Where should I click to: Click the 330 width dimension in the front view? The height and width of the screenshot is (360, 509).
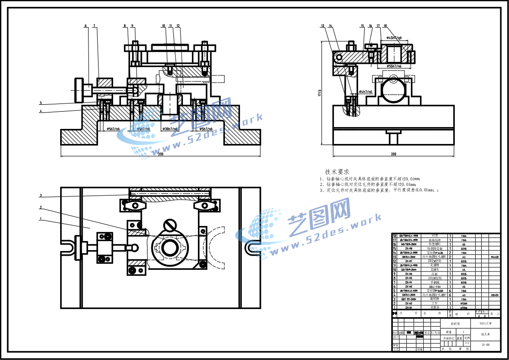coord(161,154)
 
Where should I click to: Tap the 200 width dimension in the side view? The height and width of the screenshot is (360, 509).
coord(393,154)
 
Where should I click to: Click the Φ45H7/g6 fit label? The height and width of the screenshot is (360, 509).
coord(394,38)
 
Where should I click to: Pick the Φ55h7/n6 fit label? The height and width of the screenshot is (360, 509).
coord(394,67)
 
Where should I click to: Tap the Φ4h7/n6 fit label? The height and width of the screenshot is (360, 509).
coord(365,92)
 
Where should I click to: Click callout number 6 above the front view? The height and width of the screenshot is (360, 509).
coord(85,26)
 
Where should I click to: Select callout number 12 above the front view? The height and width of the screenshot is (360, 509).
coord(178,26)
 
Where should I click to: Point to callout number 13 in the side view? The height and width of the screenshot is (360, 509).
coord(322,26)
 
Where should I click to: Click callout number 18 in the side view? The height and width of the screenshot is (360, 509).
coord(385,26)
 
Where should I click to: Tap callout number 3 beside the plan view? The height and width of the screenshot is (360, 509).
coord(41,195)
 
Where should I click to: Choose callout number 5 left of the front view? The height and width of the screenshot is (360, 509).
coord(41,103)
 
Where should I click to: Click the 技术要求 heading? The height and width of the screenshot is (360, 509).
coord(337,172)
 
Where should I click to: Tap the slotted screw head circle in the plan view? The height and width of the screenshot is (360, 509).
coord(171,225)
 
